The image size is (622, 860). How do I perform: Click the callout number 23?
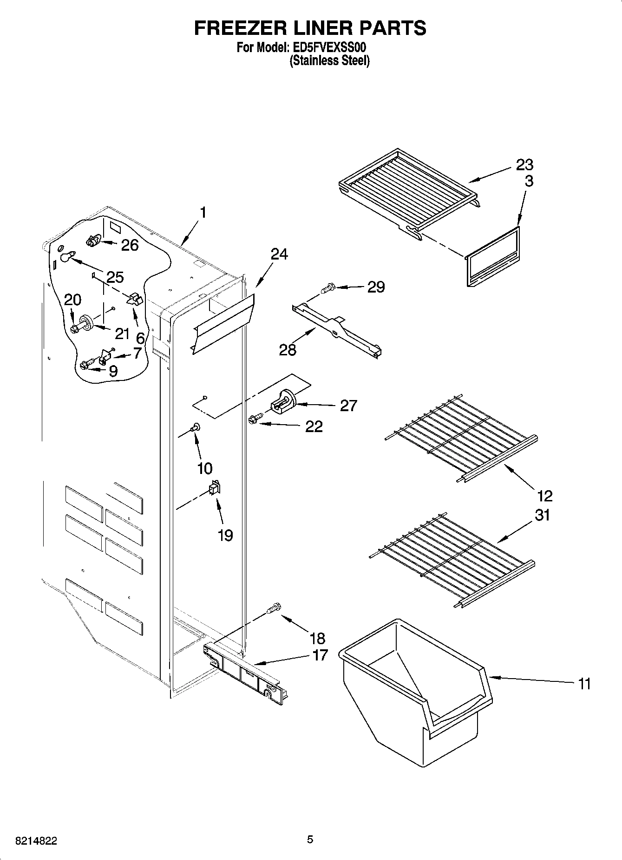(524, 165)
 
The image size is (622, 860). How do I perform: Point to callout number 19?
(225, 535)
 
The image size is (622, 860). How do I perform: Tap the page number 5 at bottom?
(310, 840)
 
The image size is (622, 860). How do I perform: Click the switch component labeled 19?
(215, 488)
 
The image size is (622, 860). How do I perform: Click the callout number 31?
(542, 515)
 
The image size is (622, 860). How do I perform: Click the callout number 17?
(321, 655)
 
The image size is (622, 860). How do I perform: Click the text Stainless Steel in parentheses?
(329, 60)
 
